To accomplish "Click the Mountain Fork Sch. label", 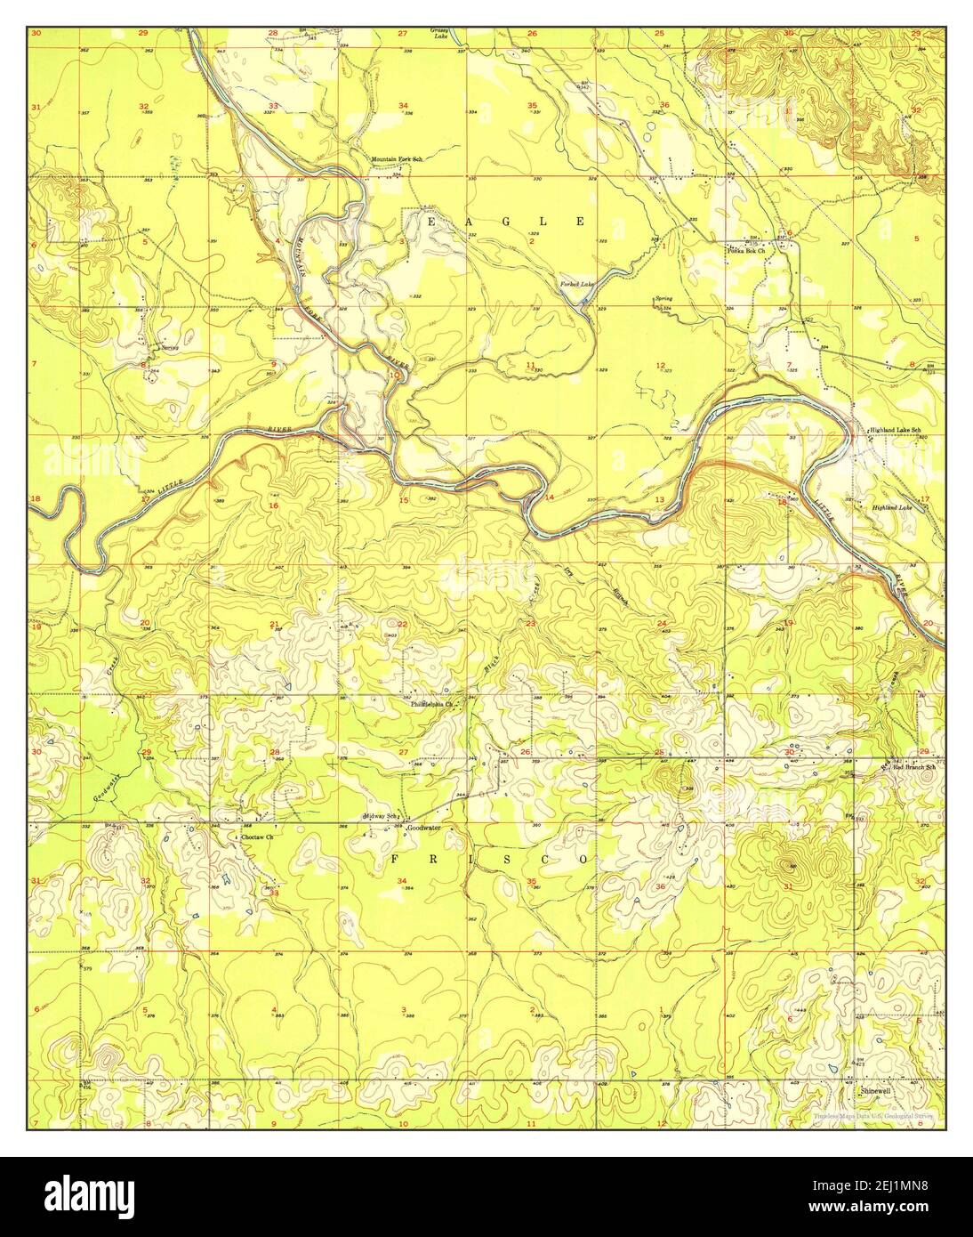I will [396, 159].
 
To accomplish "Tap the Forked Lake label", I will [575, 284].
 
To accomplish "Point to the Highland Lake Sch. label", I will [896, 431].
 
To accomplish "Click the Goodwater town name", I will [423, 828].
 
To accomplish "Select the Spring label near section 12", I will [663, 298].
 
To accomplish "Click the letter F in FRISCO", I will [395, 859].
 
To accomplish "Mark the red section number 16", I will [274, 505].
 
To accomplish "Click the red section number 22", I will [402, 624].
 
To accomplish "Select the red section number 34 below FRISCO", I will [402, 881].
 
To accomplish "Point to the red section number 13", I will [660, 500].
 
